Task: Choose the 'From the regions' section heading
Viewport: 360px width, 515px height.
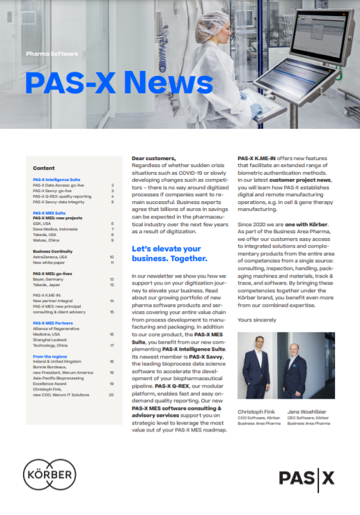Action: coord(50,356)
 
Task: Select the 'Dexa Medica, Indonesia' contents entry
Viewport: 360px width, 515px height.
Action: coord(56,229)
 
